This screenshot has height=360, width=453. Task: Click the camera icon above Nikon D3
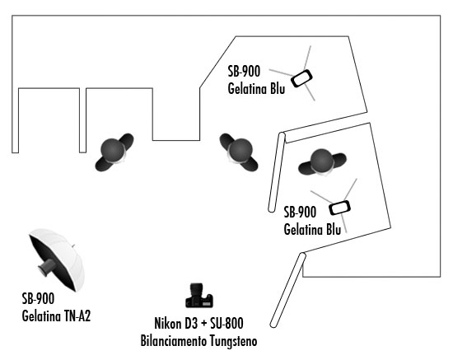pos(199,295)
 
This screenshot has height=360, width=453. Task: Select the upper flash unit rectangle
pos(301,78)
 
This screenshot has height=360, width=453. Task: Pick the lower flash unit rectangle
pos(339,208)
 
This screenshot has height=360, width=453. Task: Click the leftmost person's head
pos(113,150)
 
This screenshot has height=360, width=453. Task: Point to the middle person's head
pos(240,150)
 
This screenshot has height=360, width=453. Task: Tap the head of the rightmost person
pos(321,161)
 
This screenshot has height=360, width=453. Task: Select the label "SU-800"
pos(226,323)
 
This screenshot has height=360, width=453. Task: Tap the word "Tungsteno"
pos(233,341)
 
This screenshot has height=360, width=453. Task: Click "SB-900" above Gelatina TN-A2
pos(38,298)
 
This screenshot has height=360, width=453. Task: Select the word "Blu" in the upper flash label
pos(278,88)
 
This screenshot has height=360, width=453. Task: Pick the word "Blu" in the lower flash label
pos(334,229)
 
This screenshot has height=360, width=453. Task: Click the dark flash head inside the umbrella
pos(47,267)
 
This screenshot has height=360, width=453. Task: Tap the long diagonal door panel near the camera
pos(287,290)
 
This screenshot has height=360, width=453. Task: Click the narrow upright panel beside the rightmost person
pos(277,172)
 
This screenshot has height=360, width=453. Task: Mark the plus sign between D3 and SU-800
pos(204,324)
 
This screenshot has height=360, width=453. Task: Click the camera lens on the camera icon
pos(197,289)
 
